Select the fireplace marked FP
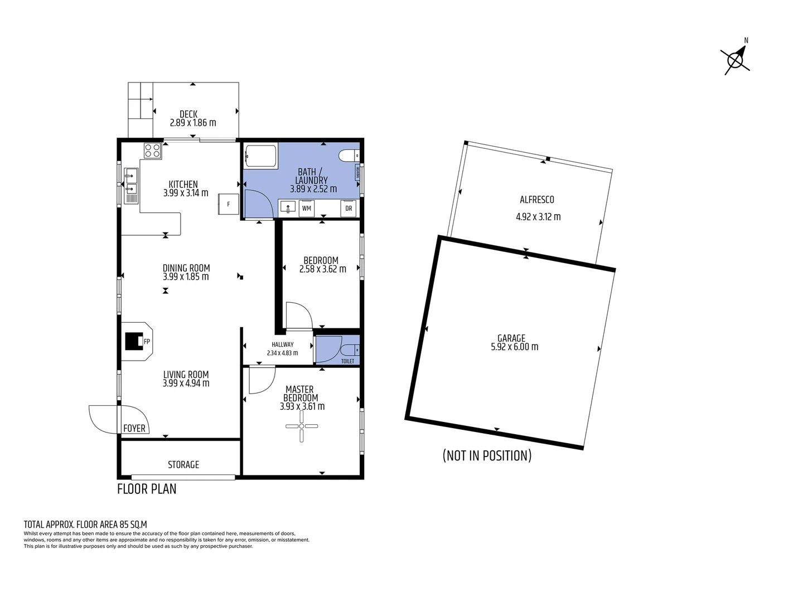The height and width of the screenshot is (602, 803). (x=134, y=341)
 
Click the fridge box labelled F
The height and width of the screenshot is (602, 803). (x=228, y=204)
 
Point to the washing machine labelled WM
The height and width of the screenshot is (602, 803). (x=306, y=208)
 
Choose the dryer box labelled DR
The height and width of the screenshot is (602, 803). (x=349, y=208)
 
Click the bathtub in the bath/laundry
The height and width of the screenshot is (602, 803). (x=260, y=156)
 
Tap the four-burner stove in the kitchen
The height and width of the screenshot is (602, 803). (x=152, y=151)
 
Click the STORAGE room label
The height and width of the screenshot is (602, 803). (x=183, y=464)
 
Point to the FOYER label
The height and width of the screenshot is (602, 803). (x=134, y=428)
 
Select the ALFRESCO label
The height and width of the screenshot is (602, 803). (x=536, y=200)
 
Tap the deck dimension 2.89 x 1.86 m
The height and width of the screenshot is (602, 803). (x=192, y=123)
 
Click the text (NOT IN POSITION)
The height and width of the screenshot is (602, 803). (x=487, y=455)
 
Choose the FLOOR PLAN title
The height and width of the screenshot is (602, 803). (x=147, y=489)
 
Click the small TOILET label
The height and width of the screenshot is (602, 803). (x=347, y=361)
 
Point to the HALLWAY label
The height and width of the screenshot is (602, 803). (x=282, y=344)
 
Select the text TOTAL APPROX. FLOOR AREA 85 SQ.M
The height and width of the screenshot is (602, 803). (x=85, y=524)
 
